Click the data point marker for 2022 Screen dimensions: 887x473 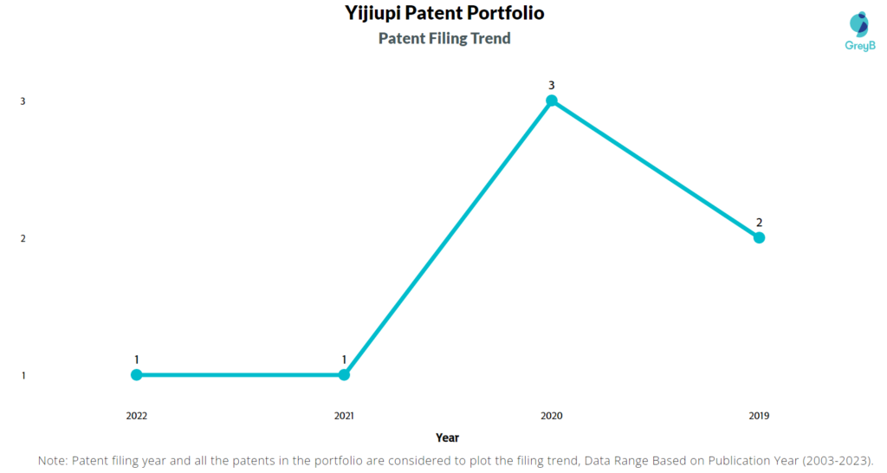point(136,374)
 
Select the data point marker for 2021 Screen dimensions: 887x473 point(344,374)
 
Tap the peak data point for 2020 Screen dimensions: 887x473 point(552,100)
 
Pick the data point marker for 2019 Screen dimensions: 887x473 point(759,237)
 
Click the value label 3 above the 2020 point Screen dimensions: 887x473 point(552,86)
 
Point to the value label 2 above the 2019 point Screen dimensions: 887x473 point(759,223)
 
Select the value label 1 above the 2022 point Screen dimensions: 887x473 point(136,360)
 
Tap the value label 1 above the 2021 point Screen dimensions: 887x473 point(344,360)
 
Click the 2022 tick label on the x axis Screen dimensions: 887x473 point(136,416)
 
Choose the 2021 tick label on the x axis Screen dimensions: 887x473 point(344,416)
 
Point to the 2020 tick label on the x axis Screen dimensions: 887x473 point(552,416)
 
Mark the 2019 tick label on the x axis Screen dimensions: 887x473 point(759,416)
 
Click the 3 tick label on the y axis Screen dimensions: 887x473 point(23,101)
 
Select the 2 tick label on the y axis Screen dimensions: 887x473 point(23,238)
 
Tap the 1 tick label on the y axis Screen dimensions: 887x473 point(23,376)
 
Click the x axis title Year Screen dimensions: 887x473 point(447,437)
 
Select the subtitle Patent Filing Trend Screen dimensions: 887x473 point(444,38)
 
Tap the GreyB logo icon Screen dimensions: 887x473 point(859,24)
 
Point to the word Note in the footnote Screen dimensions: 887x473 point(51,461)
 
